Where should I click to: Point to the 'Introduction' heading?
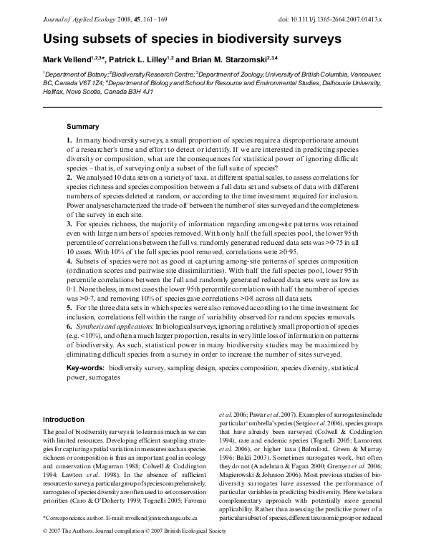[x=64, y=419]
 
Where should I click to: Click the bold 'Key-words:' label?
[x=86, y=367]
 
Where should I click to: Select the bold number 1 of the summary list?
[x=69, y=139]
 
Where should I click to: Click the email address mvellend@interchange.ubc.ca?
[x=153, y=537]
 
